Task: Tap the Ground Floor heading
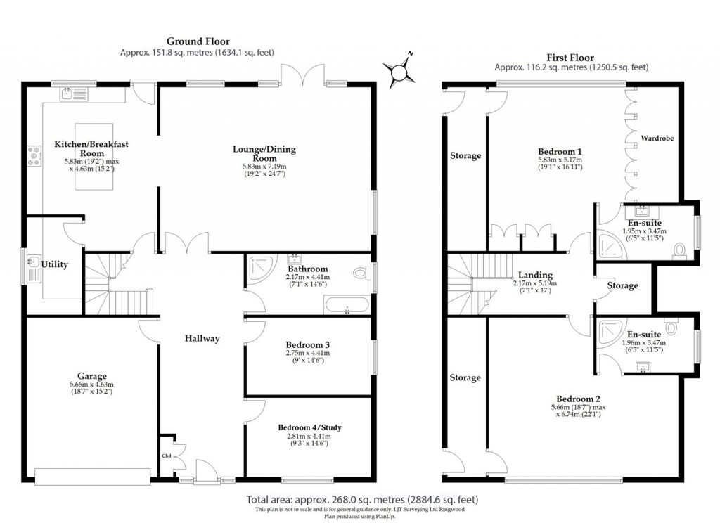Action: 197,41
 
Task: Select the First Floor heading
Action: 570,57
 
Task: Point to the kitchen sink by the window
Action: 72,93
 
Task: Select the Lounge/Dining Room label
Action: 264,154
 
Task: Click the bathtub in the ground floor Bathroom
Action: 345,306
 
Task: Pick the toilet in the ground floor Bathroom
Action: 363,272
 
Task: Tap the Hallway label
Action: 202,338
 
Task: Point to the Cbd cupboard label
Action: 167,456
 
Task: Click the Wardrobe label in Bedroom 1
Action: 657,138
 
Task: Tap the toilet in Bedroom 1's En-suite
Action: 680,251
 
